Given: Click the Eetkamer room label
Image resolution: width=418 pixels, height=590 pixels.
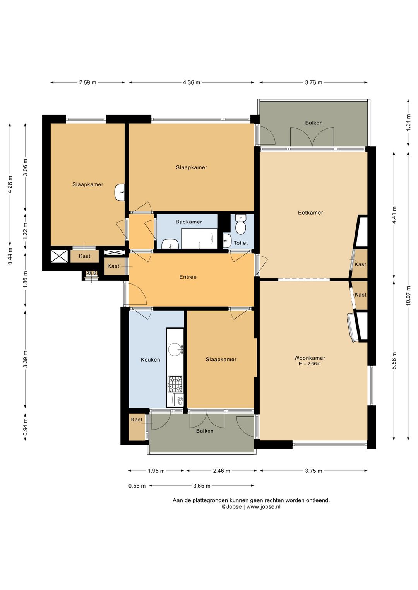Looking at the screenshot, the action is click(310, 213).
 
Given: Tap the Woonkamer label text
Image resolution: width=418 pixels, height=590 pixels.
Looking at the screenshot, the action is click(310, 358).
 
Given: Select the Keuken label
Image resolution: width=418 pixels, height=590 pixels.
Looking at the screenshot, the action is click(150, 360).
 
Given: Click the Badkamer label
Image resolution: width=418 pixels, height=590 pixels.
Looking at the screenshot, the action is click(189, 222).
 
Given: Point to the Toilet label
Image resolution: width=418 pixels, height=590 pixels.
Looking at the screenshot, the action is click(241, 243).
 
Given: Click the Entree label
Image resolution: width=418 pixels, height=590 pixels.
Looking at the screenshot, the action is click(188, 277).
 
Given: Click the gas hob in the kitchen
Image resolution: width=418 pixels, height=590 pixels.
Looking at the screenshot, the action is click(175, 384).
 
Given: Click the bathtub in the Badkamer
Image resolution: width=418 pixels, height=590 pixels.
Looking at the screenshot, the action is click(199, 239).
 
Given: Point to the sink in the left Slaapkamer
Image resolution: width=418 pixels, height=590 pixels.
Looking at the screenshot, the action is click(120, 193).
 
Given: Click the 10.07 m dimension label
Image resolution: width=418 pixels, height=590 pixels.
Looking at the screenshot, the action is click(408, 295).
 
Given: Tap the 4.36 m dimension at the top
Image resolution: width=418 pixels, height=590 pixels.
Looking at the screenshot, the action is click(192, 82).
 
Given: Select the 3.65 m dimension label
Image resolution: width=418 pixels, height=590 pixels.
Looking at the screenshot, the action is click(202, 486).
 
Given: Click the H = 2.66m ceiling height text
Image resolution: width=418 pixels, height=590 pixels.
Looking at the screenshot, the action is click(310, 364).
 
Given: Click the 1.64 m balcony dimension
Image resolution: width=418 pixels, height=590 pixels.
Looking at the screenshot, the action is click(408, 123).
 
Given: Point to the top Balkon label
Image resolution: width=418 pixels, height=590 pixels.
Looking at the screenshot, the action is click(314, 123).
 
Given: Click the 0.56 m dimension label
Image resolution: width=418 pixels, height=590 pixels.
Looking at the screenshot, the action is click(137, 486).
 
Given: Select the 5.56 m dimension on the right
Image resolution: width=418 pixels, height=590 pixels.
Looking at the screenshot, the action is click(394, 361).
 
